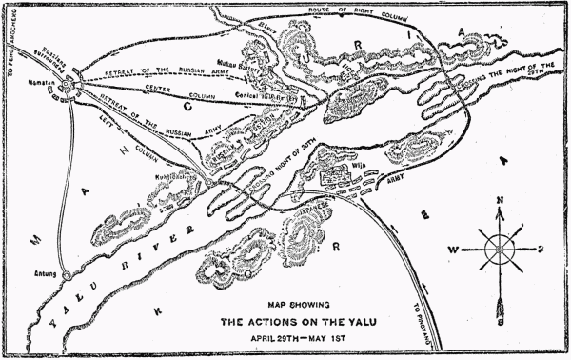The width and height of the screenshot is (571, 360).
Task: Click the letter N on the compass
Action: click(x=499, y=203)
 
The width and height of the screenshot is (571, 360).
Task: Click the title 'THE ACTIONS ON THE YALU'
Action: click(x=287, y=321)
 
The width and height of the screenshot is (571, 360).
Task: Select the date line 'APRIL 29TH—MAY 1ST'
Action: click(x=287, y=337)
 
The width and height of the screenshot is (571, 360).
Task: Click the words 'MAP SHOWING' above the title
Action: click(x=287, y=305)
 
